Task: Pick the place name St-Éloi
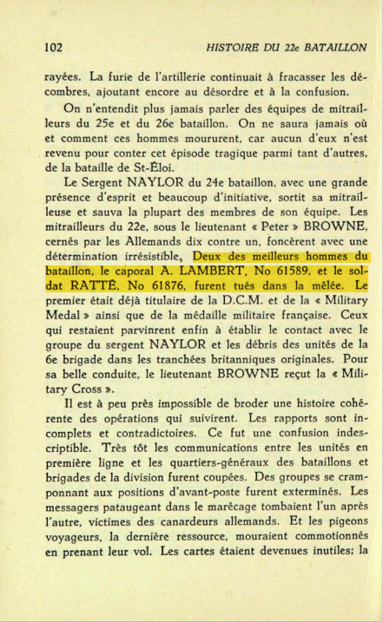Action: (153, 167)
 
